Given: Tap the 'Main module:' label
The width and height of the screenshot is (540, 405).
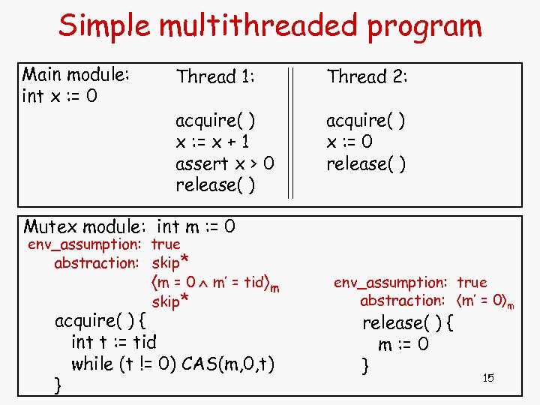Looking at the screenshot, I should pos(76,75).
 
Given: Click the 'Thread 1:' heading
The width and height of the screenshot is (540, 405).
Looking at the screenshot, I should pos(216,76).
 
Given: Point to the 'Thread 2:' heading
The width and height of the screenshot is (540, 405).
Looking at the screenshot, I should pos(367,76).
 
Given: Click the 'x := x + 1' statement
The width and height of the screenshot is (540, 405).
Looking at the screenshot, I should pos(213,142).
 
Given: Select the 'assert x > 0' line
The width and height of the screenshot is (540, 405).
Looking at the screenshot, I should pos(225,163).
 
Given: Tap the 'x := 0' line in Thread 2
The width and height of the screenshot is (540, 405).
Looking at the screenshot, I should pos(349,142).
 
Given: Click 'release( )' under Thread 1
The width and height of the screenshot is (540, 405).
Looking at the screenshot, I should pos(215,185).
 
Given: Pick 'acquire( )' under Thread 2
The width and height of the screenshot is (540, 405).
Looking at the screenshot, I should pos(366,120).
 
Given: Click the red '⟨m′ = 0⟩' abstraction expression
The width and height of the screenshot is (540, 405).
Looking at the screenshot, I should pos(478,301).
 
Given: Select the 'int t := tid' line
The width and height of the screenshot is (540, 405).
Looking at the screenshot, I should pos(113,343).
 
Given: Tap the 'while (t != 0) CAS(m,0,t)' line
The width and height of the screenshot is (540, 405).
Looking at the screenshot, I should pos(172,364).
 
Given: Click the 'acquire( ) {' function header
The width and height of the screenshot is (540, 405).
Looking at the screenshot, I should pos(100,321).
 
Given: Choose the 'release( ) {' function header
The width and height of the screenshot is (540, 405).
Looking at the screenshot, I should pos(409,323).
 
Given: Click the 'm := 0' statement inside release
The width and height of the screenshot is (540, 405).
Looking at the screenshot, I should pos(403,345).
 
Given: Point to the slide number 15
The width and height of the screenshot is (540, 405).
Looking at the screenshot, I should pos(488,378).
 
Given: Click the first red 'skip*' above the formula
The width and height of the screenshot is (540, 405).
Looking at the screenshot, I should pos(169,262).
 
